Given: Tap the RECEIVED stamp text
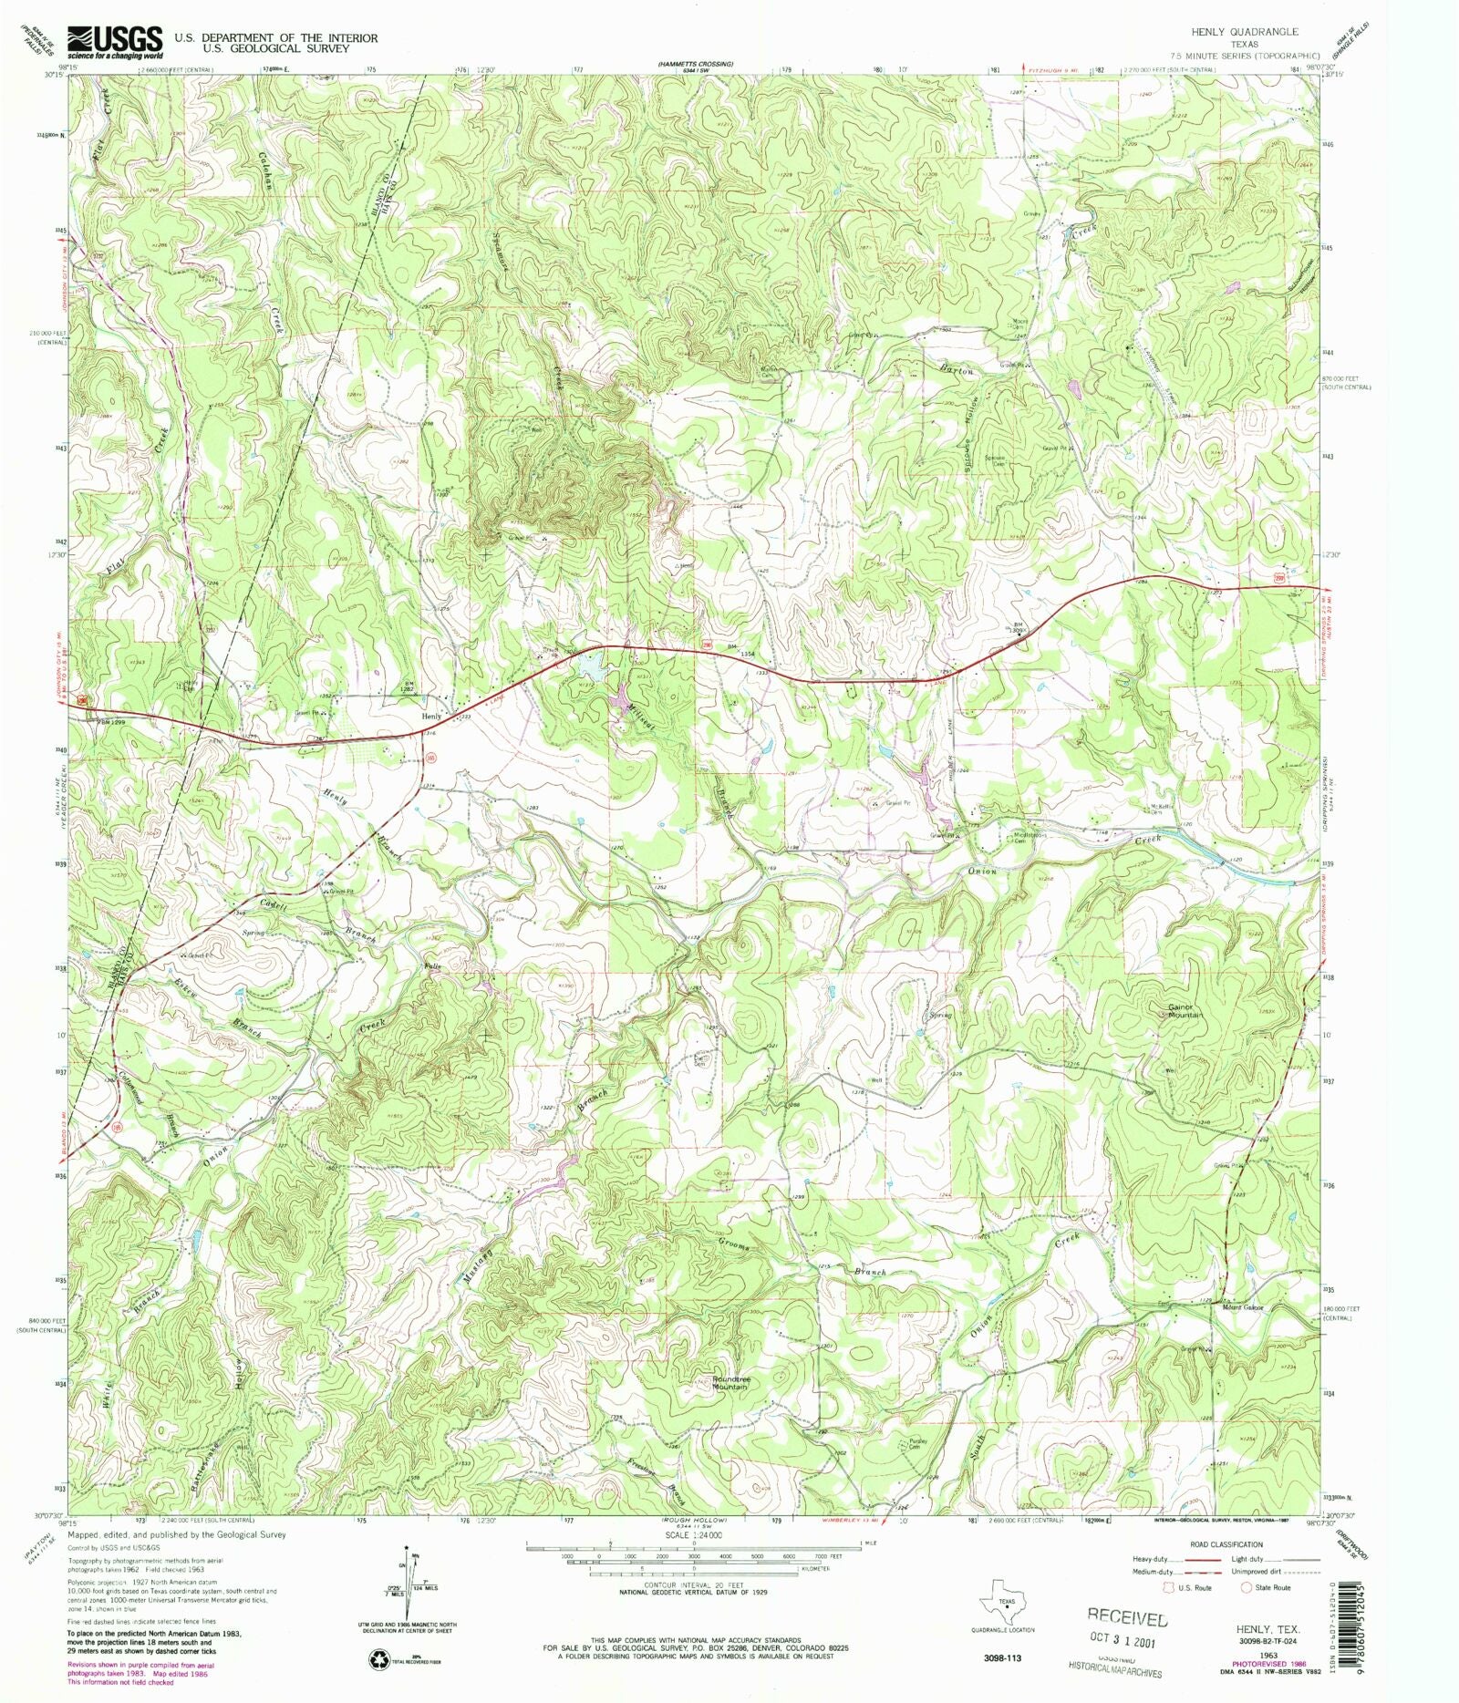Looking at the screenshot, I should (1127, 1617).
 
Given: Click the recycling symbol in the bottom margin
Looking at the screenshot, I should (378, 1660).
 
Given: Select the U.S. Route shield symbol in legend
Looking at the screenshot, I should (1167, 1587).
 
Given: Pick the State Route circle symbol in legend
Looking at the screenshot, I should (1246, 1587).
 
